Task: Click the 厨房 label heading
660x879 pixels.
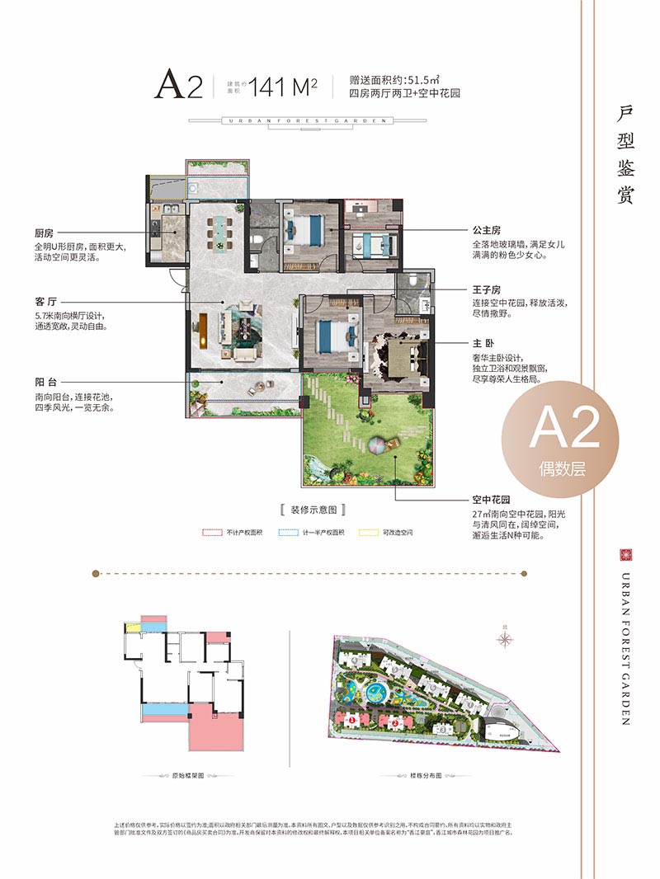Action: tap(45, 233)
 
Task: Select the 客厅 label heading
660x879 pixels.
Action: tap(45, 301)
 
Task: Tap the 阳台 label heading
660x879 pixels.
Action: tap(45, 382)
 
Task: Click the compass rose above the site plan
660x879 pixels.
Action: tap(506, 637)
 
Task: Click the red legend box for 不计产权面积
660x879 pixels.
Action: tap(212, 533)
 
